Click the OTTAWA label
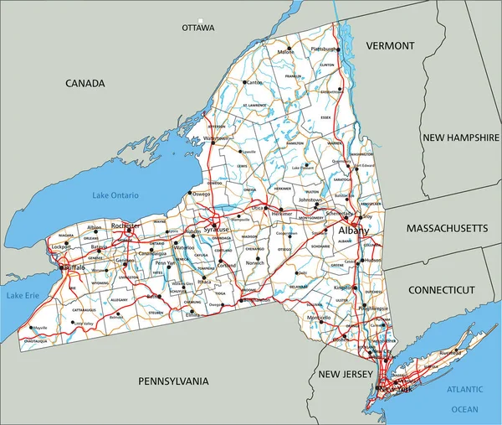pos(198,28)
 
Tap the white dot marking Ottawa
pos(200,18)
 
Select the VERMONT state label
pos(390,45)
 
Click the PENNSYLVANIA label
pos(172,381)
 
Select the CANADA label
pos(85,84)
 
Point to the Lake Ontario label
pos(116,195)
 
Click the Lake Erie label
pos(23,296)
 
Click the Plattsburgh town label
pos(325,49)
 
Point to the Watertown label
pos(218,137)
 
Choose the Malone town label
pos(286,52)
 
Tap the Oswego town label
pos(202,194)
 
